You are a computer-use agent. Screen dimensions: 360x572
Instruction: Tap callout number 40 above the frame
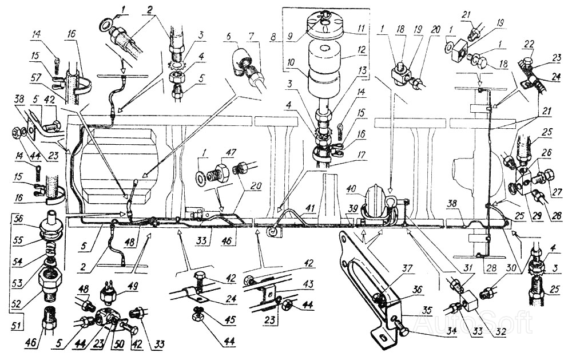(x=352, y=189)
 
